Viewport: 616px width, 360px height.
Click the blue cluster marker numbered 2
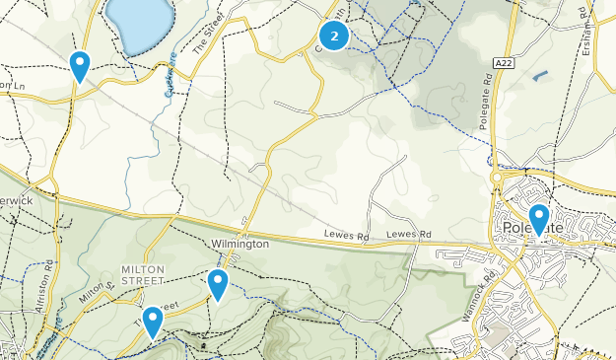tap(336, 36)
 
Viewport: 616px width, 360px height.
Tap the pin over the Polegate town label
tap(539, 218)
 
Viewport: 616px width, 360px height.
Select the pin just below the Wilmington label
tap(218, 284)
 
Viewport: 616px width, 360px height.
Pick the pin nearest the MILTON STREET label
tap(153, 322)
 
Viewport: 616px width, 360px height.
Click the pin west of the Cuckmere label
tap(80, 65)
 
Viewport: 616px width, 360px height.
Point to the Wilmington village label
tap(240, 244)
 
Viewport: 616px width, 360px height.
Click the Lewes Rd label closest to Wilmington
tap(345, 234)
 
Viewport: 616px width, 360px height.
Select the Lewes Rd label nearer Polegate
tap(409, 234)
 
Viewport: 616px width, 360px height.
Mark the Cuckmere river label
tap(169, 82)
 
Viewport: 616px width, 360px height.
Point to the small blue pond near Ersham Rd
tap(538, 75)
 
